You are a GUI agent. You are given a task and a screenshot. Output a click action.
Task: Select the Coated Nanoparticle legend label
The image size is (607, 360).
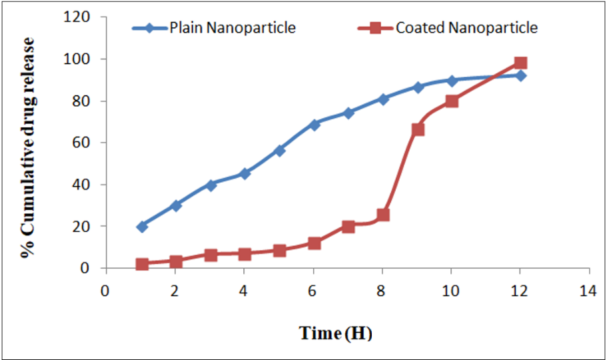tap(466, 28)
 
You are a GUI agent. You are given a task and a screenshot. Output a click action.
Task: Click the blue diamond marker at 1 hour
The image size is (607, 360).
tap(141, 227)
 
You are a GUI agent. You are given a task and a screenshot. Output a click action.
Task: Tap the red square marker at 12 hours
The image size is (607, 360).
tap(521, 63)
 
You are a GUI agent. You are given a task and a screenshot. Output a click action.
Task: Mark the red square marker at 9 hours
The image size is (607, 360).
tap(418, 129)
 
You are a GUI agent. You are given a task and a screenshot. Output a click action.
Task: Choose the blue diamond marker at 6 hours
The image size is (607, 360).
tap(314, 125)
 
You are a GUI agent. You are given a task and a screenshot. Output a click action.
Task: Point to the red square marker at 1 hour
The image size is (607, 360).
tap(141, 264)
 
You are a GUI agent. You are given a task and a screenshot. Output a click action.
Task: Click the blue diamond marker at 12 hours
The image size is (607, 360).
tap(521, 75)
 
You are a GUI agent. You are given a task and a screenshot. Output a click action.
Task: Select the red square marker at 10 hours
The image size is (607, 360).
tap(452, 101)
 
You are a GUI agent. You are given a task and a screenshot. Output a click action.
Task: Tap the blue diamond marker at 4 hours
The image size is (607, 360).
tap(245, 173)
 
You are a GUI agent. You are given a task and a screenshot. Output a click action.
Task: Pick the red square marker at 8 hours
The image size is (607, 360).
tap(383, 215)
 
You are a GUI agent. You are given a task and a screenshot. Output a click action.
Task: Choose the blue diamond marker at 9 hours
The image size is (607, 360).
tap(418, 87)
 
